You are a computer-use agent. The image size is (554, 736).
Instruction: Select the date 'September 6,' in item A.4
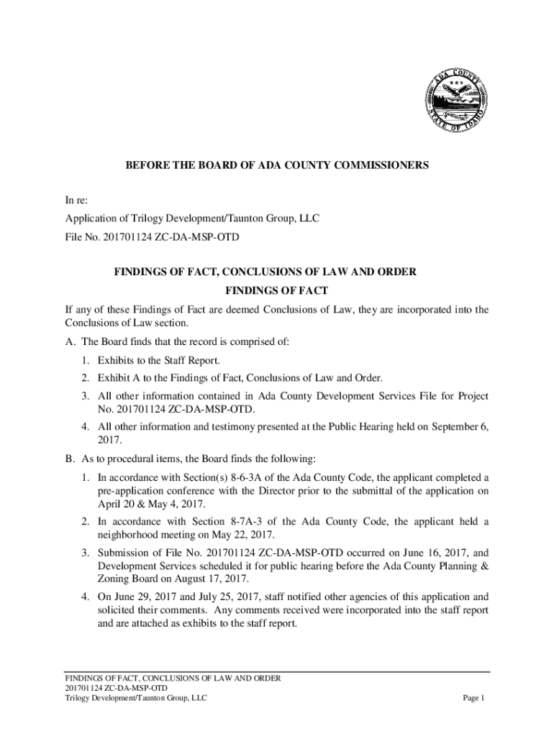pyautogui.click(x=460, y=426)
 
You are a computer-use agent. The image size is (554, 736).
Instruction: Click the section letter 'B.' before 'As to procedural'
pyautogui.click(x=70, y=459)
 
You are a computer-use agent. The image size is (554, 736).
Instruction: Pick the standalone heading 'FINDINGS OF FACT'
pyautogui.click(x=277, y=290)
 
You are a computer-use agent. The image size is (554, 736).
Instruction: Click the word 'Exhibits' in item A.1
pyautogui.click(x=117, y=359)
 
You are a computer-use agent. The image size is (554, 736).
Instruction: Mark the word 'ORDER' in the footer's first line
pyautogui.click(x=265, y=677)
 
